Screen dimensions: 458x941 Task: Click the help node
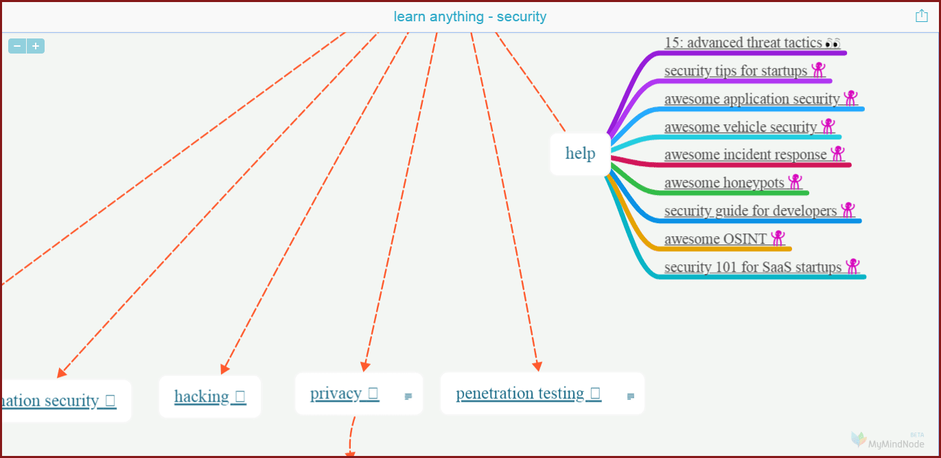[580, 153]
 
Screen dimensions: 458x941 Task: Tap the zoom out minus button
[17, 46]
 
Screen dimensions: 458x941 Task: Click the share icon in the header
[921, 16]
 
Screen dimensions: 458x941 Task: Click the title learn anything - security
[470, 16]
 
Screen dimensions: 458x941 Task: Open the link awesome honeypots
[724, 183]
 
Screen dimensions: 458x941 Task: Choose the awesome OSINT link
[715, 239]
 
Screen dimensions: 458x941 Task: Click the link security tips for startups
[736, 71]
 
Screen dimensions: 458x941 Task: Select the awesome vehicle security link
[741, 127]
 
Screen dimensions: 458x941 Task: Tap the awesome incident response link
[745, 154]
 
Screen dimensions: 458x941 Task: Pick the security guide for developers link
[750, 211]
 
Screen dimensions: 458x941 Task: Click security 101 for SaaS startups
[752, 267]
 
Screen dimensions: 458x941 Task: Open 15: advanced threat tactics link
[743, 43]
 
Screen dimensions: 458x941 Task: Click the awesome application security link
[752, 99]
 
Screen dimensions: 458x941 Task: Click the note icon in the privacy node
[408, 396]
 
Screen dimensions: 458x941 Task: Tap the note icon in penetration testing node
[631, 396]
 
